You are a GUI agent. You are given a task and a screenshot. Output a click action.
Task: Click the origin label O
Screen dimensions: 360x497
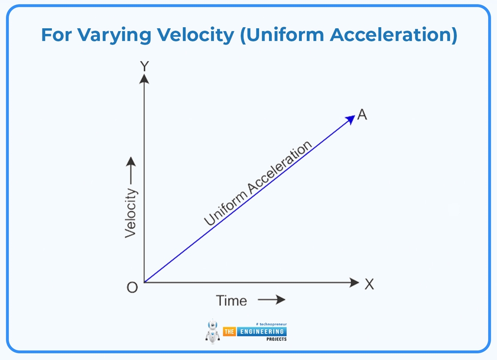[132, 287]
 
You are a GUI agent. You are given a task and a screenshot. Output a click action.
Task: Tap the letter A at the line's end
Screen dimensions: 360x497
[362, 115]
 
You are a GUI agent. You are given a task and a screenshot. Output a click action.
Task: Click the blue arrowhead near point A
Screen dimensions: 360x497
[350, 120]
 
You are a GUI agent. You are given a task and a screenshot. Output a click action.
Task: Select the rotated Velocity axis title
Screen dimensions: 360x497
[131, 213]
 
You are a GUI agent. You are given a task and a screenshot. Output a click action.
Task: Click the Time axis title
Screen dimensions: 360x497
[232, 301]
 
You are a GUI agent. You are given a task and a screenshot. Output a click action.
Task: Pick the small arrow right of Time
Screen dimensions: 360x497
[271, 300]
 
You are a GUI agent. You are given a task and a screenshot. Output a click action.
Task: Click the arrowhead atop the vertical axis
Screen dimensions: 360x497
[144, 78]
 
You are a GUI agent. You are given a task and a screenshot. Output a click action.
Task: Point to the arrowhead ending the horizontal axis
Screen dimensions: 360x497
[354, 282]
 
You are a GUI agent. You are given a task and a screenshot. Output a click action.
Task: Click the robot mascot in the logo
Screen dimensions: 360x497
[213, 331]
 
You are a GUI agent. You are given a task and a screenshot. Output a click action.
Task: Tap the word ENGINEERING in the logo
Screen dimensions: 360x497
[261, 331]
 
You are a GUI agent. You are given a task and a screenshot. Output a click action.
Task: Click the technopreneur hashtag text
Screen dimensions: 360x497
[271, 323]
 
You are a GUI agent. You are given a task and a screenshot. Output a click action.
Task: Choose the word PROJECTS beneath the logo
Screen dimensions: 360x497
[276, 339]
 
